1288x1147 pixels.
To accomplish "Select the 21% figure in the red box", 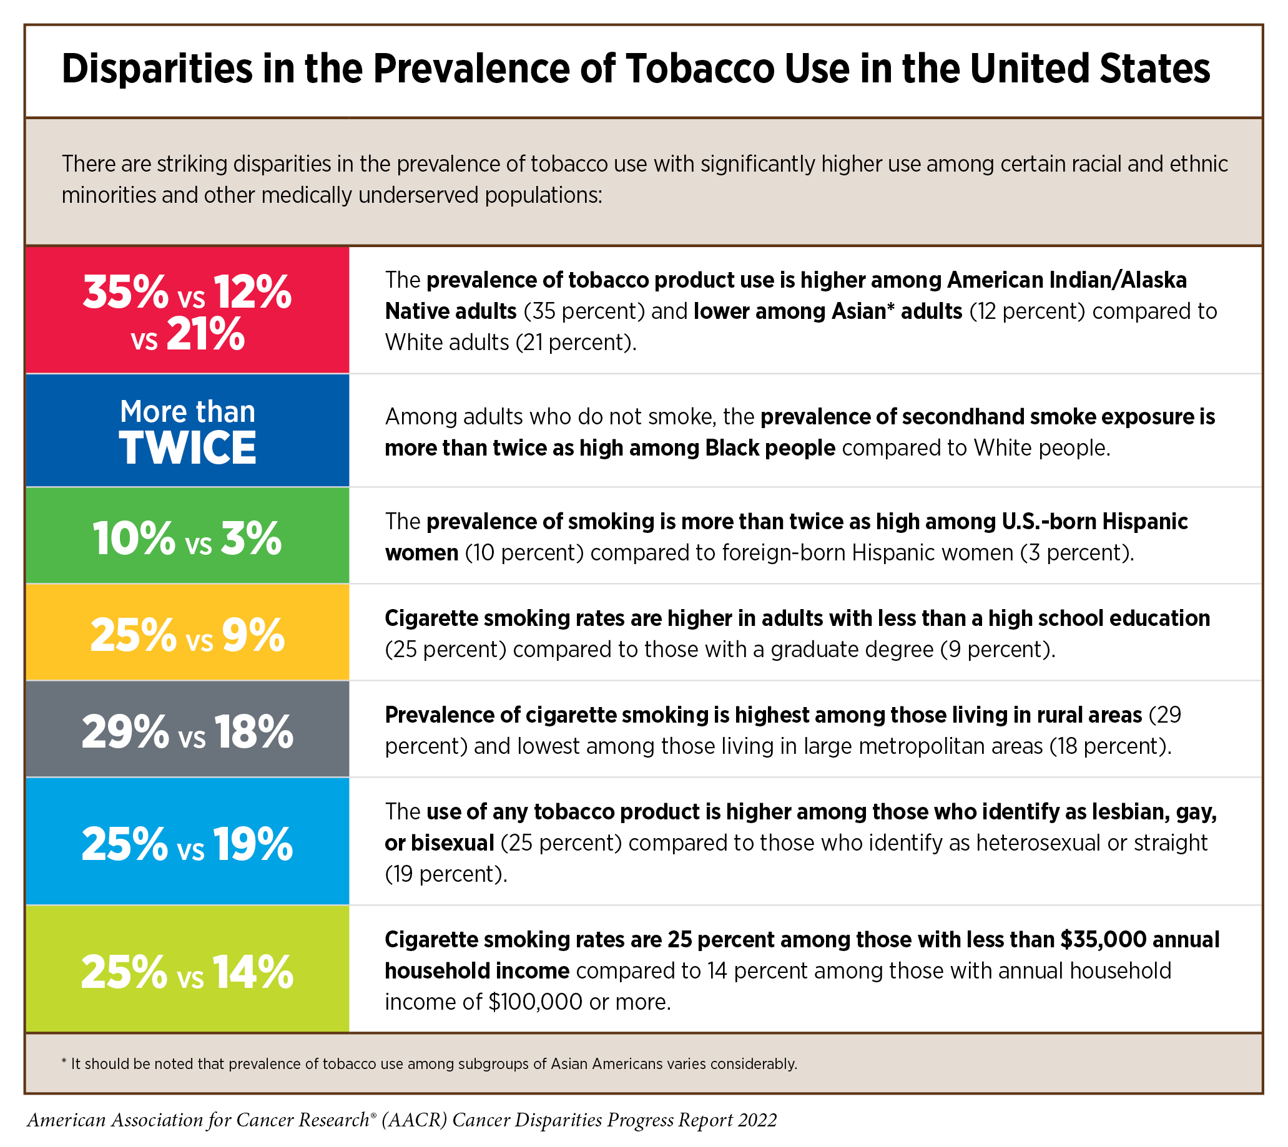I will click(205, 334).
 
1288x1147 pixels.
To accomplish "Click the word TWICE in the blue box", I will click(188, 448).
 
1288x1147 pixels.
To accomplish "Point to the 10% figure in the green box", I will click(134, 539).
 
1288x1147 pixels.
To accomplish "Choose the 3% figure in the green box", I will click(251, 539).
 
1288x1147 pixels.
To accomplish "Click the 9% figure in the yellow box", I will click(253, 636).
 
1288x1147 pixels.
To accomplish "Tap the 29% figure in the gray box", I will click(125, 732).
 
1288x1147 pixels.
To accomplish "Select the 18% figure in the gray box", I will click(253, 732).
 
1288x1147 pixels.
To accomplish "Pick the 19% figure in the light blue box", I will click(253, 844).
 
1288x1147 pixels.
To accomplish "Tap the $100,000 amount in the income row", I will click(535, 1002).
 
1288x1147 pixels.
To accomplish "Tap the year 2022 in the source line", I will click(757, 1120).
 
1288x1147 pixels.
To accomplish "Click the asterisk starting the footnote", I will click(64, 1063).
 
